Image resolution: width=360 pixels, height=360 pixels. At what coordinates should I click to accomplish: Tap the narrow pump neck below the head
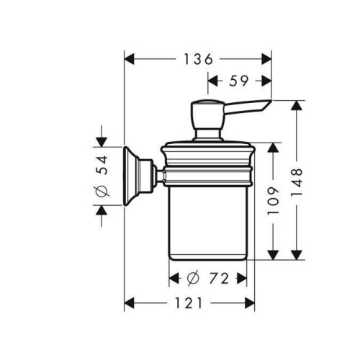(207, 135)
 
